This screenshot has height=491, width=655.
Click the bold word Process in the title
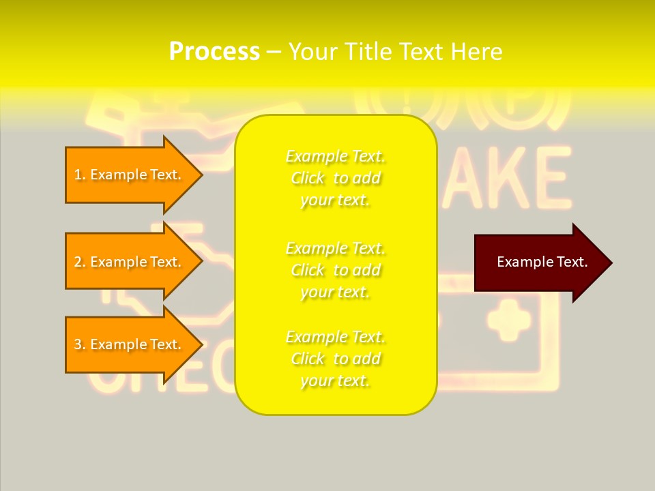coord(214,52)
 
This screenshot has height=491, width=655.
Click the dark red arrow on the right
coord(539,263)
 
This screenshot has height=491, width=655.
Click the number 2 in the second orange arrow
coord(78,262)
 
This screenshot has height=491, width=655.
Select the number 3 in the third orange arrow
coord(78,344)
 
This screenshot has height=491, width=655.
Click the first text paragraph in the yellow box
coord(336,178)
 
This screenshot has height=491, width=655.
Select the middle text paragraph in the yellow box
coord(336,270)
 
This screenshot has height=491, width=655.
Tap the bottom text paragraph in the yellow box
coord(336,359)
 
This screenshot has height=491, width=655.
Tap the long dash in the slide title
coord(274,53)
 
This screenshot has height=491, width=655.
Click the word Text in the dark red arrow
coord(572,262)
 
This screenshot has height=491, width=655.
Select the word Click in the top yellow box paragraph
coord(308,178)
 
